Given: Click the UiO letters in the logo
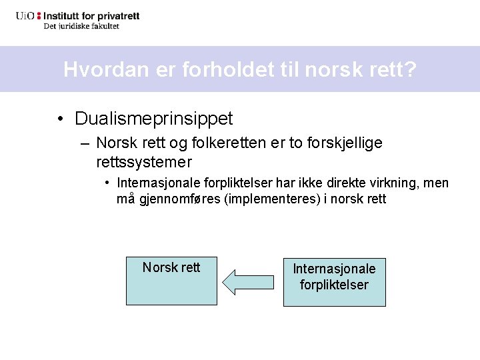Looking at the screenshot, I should pyautogui.click(x=26, y=15).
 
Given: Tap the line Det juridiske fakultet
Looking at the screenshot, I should pyautogui.click(x=81, y=26).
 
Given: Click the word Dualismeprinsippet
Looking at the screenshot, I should pyautogui.click(x=154, y=119).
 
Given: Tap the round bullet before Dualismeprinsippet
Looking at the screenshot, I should pyautogui.click(x=61, y=119).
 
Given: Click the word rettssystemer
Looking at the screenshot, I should pyautogui.click(x=144, y=162).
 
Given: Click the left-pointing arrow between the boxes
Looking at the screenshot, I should pyautogui.click(x=247, y=281).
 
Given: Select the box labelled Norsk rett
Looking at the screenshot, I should pyautogui.click(x=171, y=281).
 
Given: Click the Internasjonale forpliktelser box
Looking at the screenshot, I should pyautogui.click(x=335, y=282).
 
